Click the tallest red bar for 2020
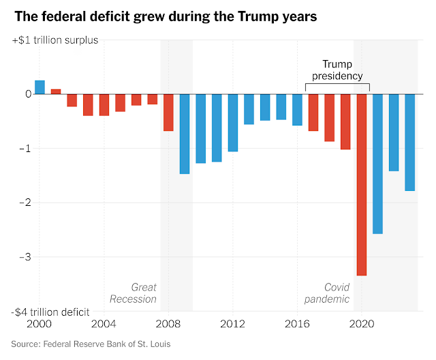tap(361, 184)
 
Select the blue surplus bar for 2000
tap(40, 87)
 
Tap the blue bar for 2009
tap(185, 134)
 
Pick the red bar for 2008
tap(168, 112)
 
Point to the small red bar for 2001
tap(56, 91)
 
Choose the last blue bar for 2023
tap(409, 142)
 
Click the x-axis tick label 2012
tap(232, 323)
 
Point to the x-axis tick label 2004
tap(104, 323)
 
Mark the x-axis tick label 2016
tap(297, 323)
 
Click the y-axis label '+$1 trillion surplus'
tap(54, 40)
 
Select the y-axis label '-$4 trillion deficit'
tap(50, 312)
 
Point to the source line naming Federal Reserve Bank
tap(91, 344)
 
